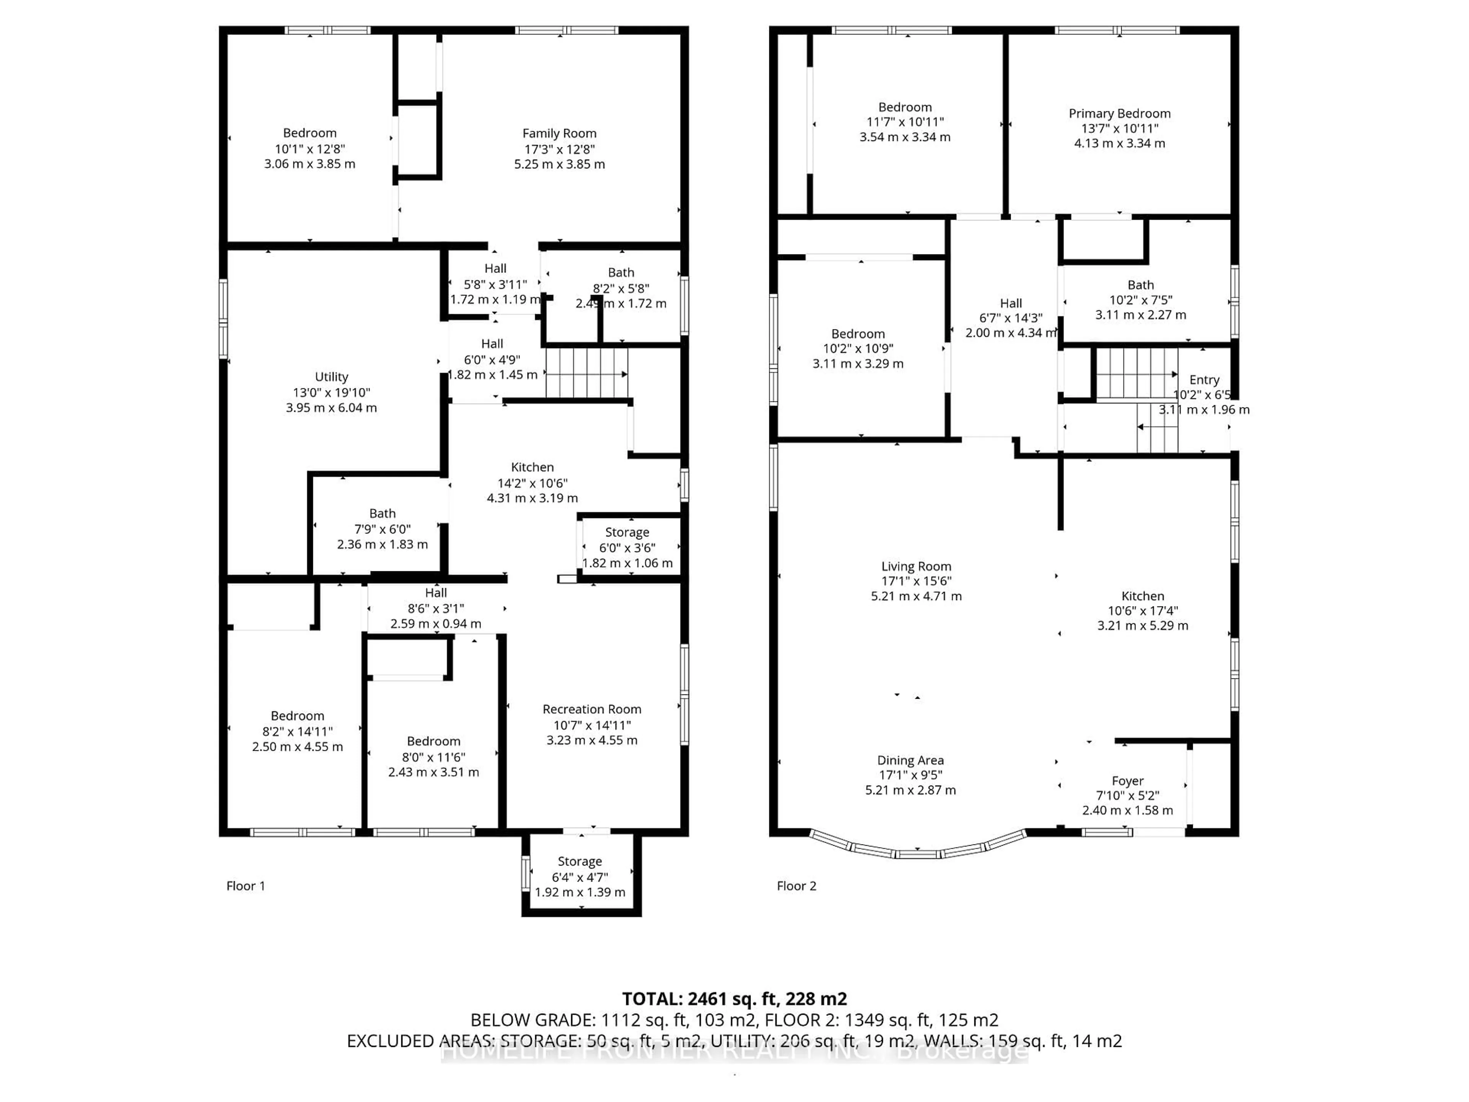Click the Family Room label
[x=559, y=134]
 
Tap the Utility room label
[x=331, y=377]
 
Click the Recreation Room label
[x=592, y=709]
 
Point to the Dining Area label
[x=910, y=761]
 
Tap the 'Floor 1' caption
[x=246, y=886]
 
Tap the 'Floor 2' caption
[x=796, y=886]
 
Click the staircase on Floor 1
[x=586, y=373]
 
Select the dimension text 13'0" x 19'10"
[x=331, y=393]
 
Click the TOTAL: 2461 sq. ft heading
[x=734, y=999]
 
